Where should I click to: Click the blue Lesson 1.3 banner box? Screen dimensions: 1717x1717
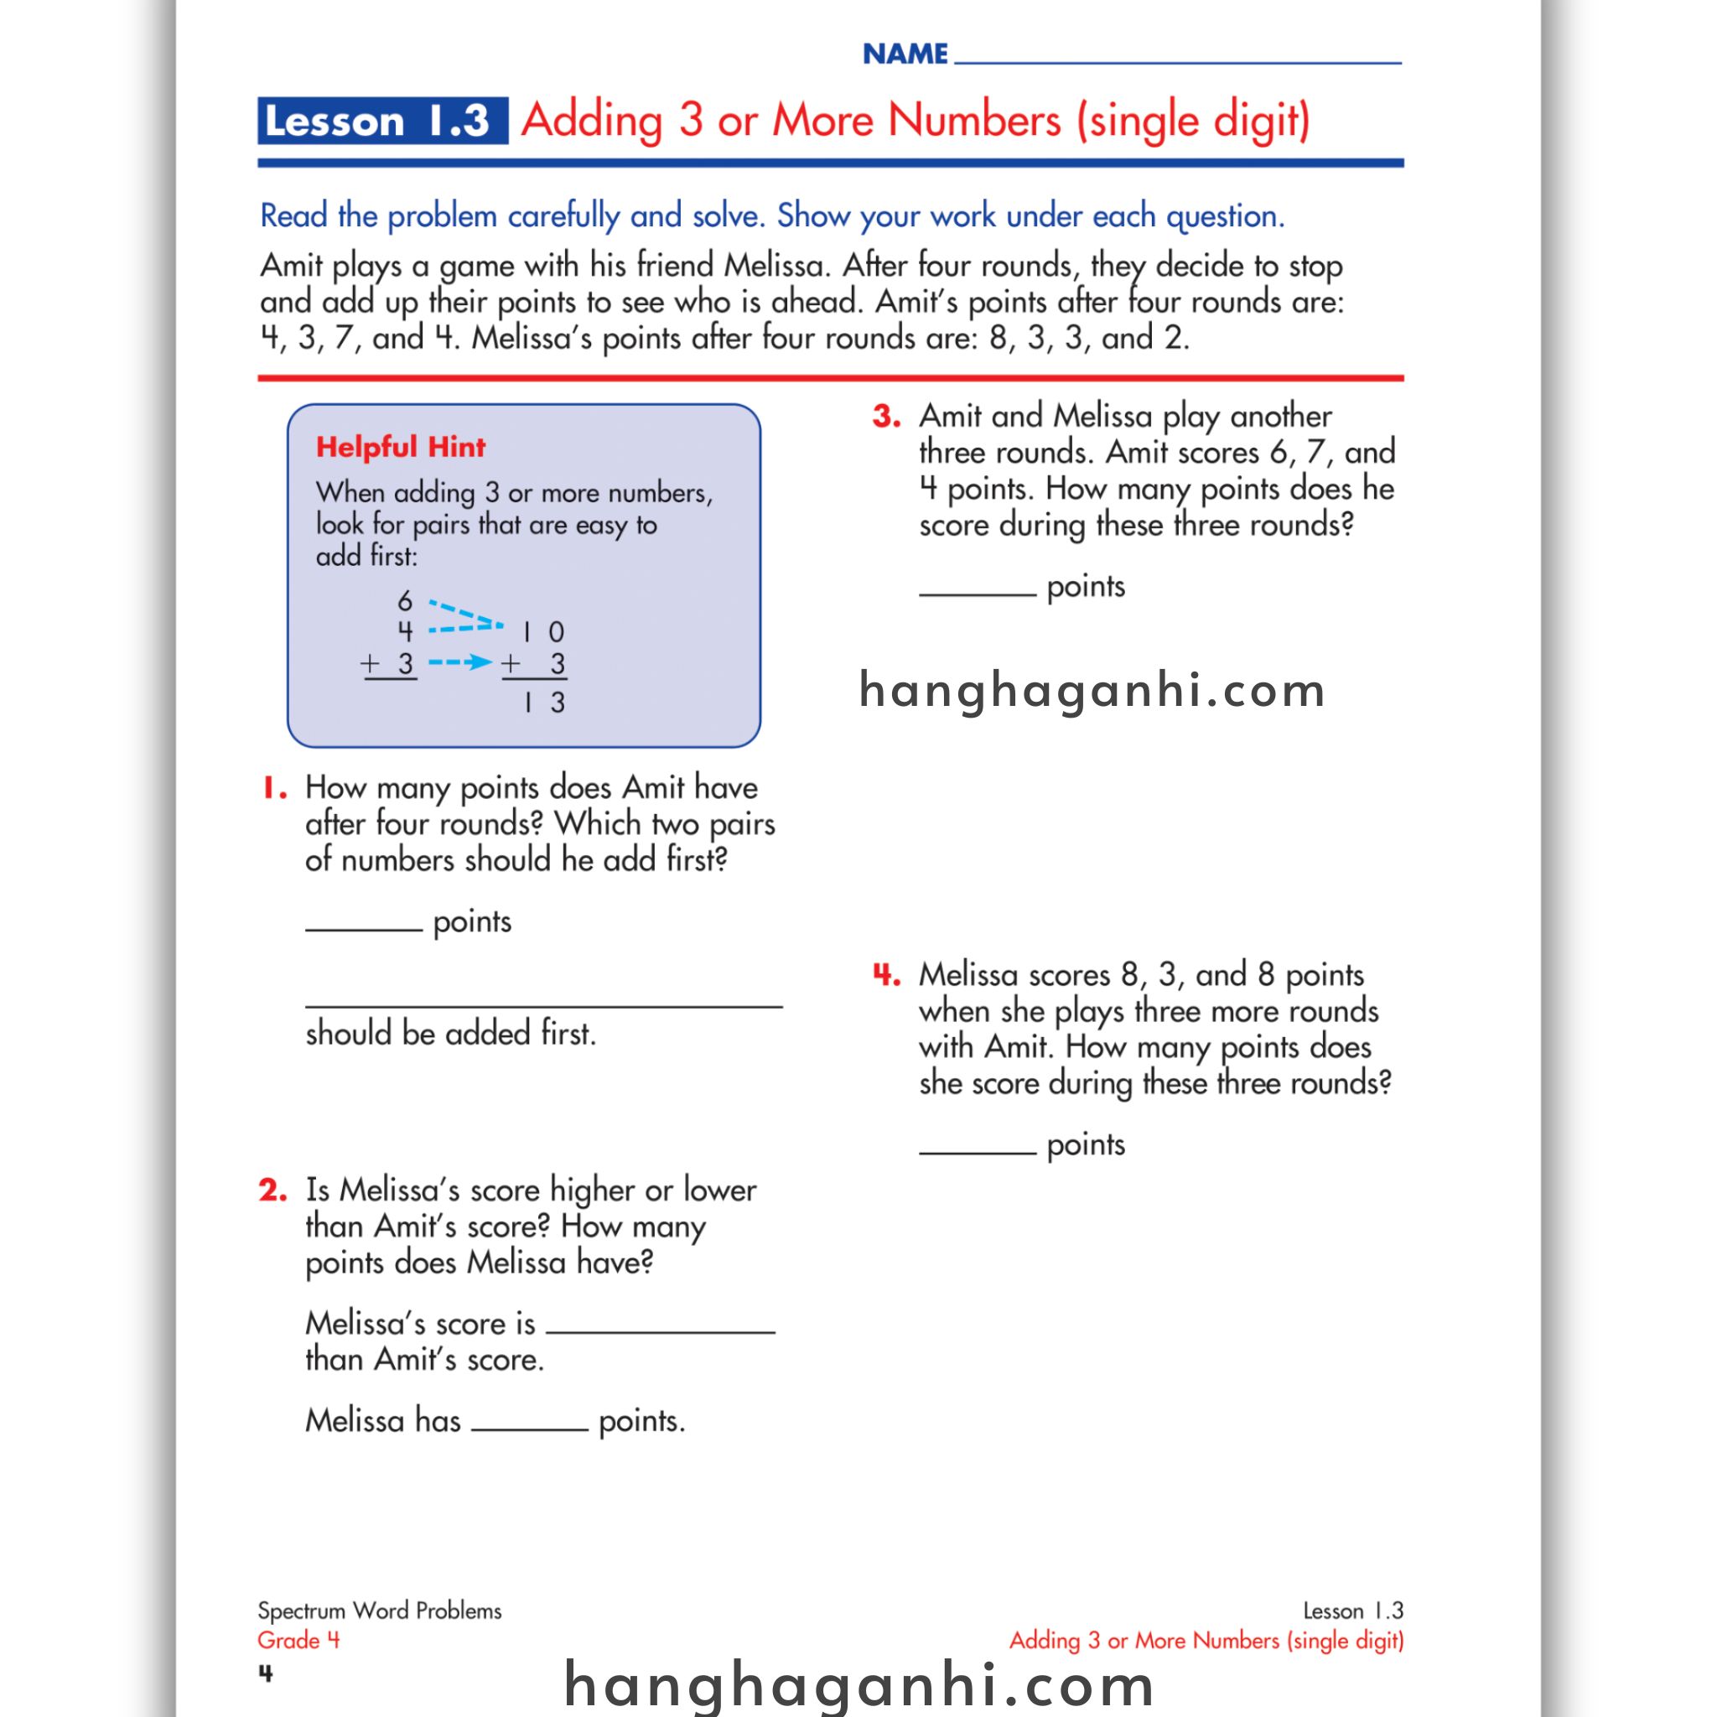(382, 121)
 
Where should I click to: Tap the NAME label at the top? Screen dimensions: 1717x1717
(905, 54)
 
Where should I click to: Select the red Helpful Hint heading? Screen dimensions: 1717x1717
(401, 447)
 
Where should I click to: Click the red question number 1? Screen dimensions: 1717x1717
(273, 787)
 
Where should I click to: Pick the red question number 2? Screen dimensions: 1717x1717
(272, 1190)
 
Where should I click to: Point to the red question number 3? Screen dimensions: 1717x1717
(886, 416)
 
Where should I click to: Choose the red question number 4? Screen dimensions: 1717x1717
(886, 975)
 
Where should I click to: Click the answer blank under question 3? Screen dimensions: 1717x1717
(977, 593)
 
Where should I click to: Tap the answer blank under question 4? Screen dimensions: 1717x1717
(977, 1151)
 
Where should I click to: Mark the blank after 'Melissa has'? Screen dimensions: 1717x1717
(530, 1427)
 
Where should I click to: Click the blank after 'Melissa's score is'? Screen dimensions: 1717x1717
(661, 1331)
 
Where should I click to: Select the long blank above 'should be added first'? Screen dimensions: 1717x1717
(543, 1004)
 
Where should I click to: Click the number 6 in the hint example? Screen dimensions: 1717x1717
(405, 601)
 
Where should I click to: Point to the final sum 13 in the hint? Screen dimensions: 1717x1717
(544, 702)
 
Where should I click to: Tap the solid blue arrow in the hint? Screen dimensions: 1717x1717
(460, 661)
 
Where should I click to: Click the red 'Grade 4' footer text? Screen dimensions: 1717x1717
(298, 1640)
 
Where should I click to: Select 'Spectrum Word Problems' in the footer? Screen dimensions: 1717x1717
(380, 1611)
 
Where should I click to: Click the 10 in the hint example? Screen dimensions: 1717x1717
(543, 632)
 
